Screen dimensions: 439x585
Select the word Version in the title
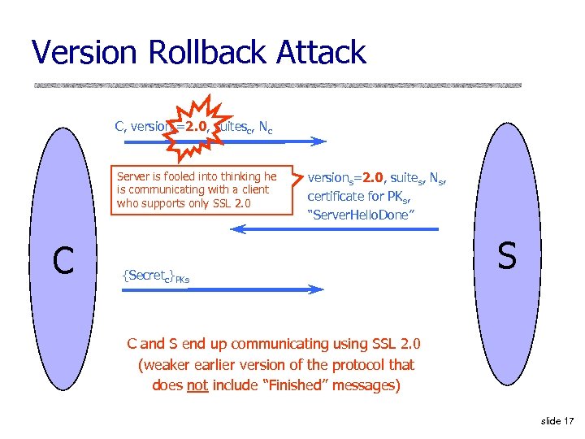point(84,53)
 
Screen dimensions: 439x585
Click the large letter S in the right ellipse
point(507,256)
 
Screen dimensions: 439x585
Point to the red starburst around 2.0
point(195,127)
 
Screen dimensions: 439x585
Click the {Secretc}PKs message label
point(155,276)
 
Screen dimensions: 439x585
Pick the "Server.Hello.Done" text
point(362,214)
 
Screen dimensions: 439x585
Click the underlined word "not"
point(197,385)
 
